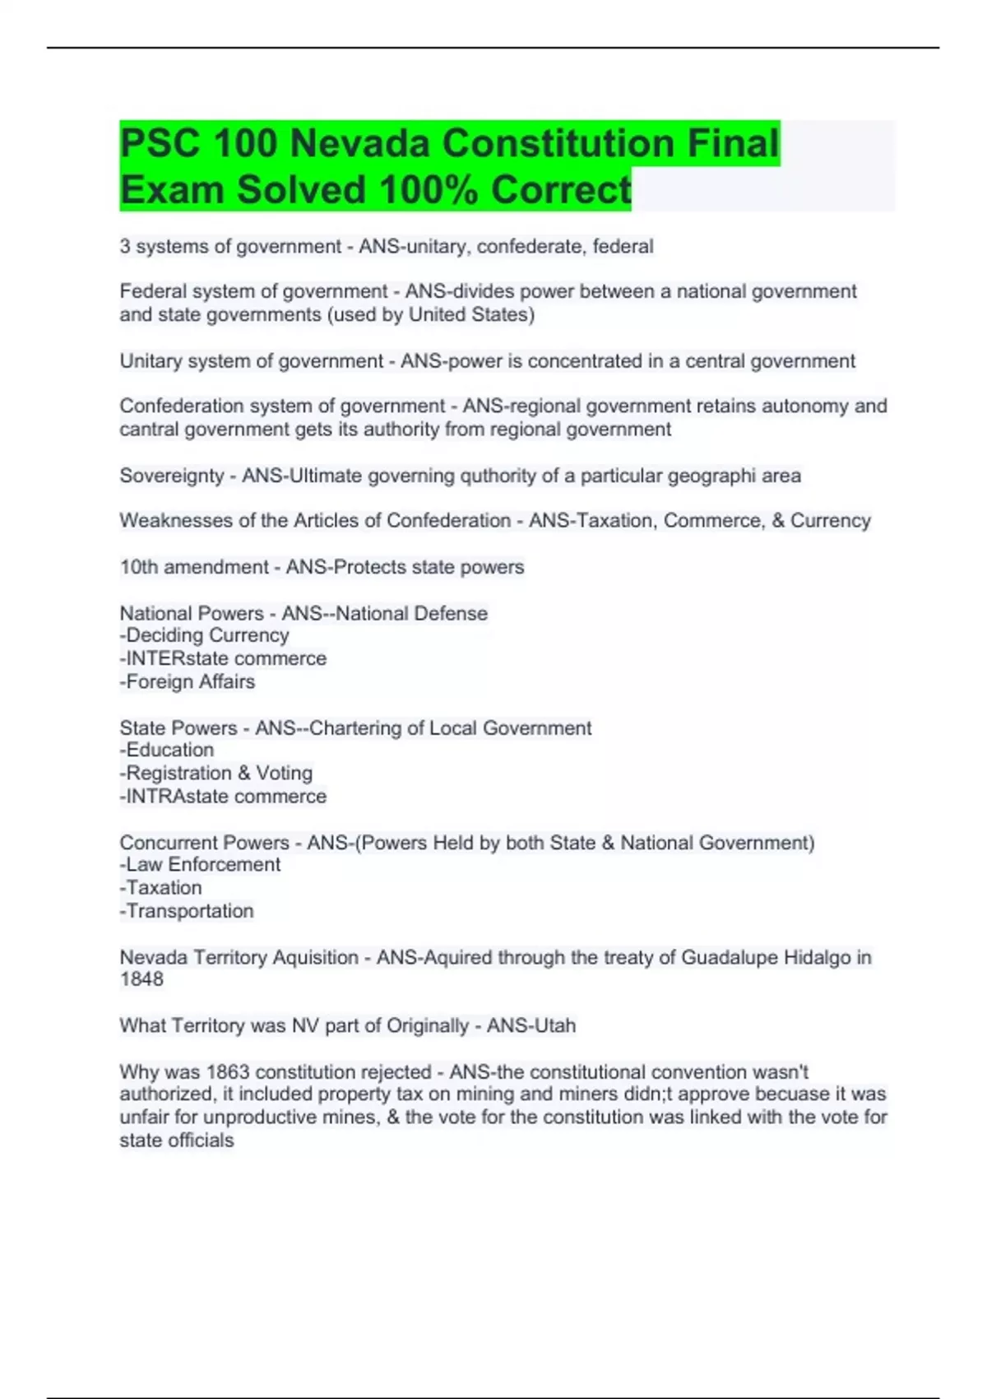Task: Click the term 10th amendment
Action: pos(194,567)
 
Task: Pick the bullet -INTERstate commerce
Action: pos(223,658)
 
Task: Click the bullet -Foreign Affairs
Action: pos(188,681)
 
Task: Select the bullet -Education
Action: pos(167,750)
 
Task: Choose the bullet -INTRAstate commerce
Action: pos(223,796)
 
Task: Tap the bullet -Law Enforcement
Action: pos(200,864)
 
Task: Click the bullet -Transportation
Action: pos(187,911)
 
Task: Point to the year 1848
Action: pos(141,979)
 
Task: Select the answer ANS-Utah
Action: pos(531,1025)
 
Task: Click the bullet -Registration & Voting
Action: pos(216,773)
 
